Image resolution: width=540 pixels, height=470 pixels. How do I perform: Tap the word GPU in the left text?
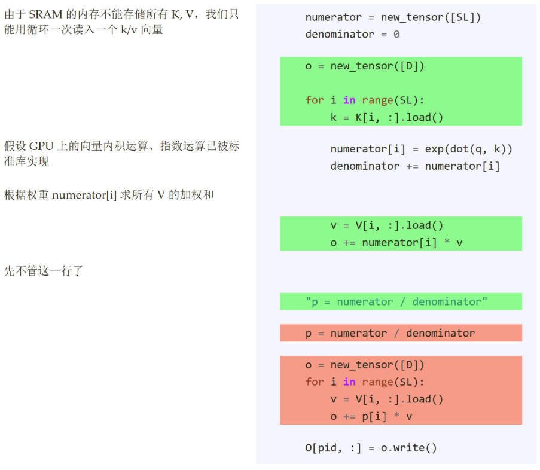click(42, 146)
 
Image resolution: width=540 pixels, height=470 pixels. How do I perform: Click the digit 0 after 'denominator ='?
click(396, 35)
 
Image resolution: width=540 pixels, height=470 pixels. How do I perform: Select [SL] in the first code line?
click(463, 17)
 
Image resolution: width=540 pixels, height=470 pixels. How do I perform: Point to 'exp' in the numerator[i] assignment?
click(434, 149)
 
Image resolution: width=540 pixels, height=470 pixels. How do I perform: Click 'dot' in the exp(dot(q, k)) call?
click(459, 149)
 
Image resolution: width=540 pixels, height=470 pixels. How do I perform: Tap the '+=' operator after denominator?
click(413, 166)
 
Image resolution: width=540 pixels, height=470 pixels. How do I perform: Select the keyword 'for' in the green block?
click(315, 100)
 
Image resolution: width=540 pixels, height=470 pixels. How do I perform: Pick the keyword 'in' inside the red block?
click(349, 382)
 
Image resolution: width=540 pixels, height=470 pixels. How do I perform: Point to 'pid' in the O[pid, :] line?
click(327, 448)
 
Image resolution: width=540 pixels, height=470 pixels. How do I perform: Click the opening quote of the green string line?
click(308, 301)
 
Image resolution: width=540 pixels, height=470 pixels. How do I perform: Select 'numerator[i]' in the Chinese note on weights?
click(84, 195)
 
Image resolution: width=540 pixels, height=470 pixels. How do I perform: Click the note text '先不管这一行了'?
click(44, 271)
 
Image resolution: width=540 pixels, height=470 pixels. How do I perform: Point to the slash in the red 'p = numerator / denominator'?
click(396, 333)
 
